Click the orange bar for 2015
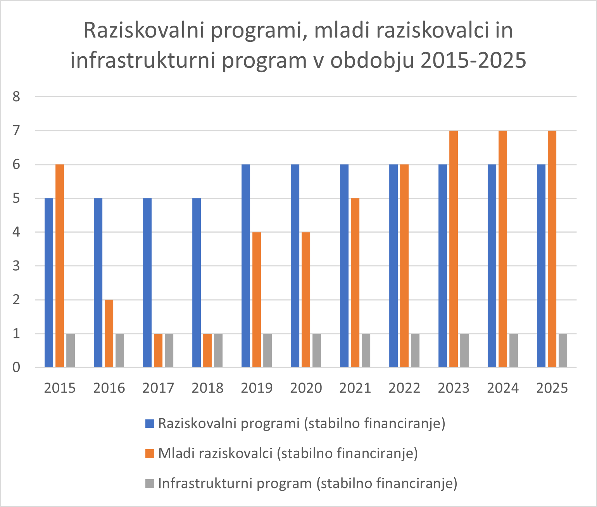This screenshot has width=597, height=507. (x=60, y=266)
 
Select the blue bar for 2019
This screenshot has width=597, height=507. (x=246, y=266)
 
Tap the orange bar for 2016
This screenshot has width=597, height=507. (x=109, y=333)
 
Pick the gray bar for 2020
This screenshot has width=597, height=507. (x=317, y=350)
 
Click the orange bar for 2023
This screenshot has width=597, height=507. (x=454, y=249)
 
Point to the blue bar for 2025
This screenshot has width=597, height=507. (x=541, y=266)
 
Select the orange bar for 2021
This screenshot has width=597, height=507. (x=355, y=283)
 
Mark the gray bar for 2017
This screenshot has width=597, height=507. (x=169, y=350)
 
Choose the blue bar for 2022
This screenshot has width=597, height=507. (x=393, y=266)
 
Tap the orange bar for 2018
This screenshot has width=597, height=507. (x=207, y=350)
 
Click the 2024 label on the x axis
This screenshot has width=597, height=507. (x=503, y=388)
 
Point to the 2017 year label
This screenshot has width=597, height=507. (x=158, y=388)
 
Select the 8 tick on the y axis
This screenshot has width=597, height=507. (x=16, y=97)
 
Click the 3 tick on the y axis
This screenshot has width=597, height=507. (x=16, y=266)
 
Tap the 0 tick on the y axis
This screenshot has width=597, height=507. (x=16, y=367)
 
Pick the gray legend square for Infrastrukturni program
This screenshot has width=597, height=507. (x=150, y=483)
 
